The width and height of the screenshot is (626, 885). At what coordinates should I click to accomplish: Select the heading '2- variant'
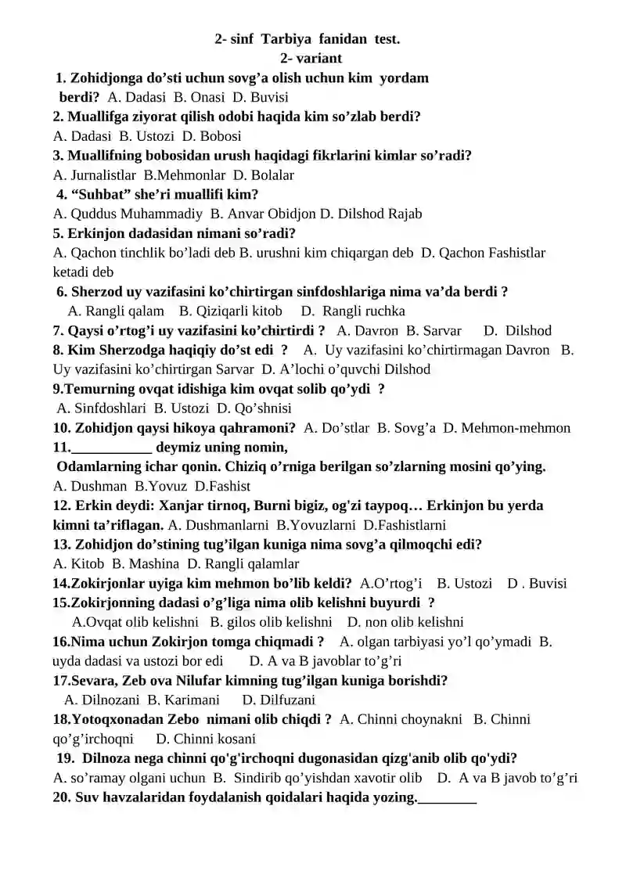point(311,58)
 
